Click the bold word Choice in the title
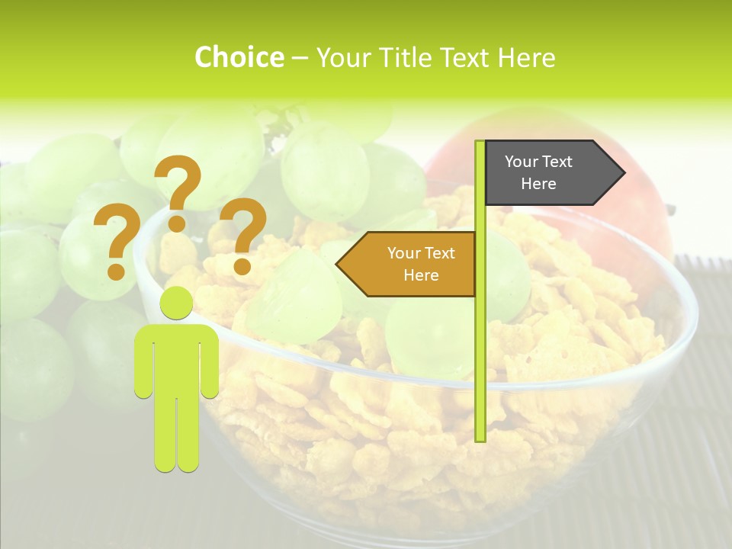[x=239, y=58]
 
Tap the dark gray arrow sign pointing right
[x=549, y=173]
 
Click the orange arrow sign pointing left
[x=412, y=264]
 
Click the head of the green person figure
[x=176, y=303]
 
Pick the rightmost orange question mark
[x=243, y=234]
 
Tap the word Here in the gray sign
[x=538, y=184]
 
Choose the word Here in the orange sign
[x=421, y=275]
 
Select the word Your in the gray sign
[x=522, y=162]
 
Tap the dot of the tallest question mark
[x=177, y=223]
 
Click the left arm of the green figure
[x=143, y=362]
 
